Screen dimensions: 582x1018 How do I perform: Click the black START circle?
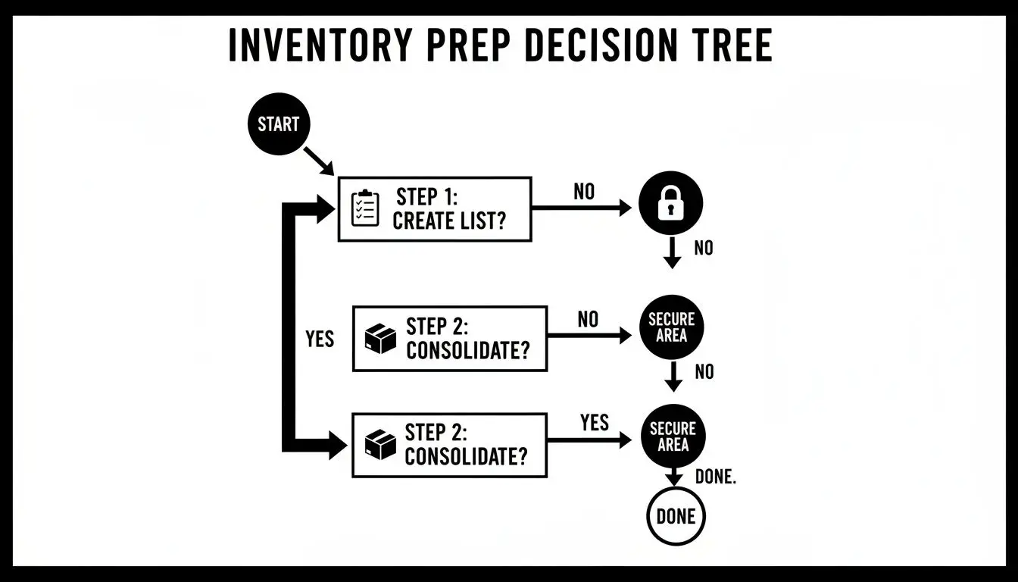[278, 124]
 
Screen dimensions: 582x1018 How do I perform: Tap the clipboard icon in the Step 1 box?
[366, 208]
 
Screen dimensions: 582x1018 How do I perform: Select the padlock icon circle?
[671, 204]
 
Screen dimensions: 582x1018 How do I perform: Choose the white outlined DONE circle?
[676, 517]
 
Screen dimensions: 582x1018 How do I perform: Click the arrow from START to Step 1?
[319, 161]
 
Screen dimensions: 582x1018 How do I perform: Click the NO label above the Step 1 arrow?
[584, 192]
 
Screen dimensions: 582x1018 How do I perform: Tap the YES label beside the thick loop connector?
[320, 339]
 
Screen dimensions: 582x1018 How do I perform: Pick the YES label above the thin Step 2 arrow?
[595, 422]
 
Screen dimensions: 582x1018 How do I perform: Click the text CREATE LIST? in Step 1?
[448, 221]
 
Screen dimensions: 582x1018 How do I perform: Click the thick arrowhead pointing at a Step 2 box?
[336, 445]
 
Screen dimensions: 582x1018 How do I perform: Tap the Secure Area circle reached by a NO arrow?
[671, 327]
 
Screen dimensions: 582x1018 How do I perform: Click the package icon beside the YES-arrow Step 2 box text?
[380, 445]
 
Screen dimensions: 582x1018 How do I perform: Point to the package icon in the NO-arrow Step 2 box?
[380, 339]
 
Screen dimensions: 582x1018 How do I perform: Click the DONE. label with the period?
[715, 477]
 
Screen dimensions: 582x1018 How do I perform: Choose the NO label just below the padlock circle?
[704, 248]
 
